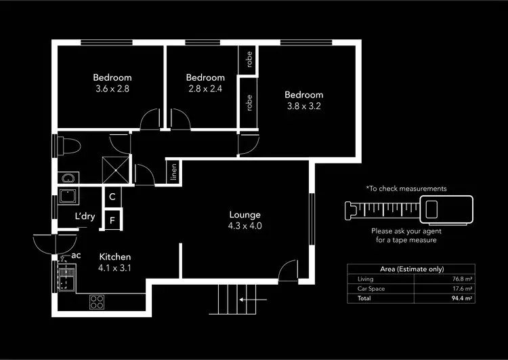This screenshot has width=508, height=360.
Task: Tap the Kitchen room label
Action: pyautogui.click(x=114, y=257)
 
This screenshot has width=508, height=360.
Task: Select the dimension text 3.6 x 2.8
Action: pyautogui.click(x=112, y=88)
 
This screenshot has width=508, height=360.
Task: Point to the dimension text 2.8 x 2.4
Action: pyautogui.click(x=205, y=88)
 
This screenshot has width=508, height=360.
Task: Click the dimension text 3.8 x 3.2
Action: pyautogui.click(x=303, y=106)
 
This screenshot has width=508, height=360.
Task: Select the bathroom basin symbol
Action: pyautogui.click(x=67, y=179)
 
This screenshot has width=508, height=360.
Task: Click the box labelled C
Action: pyautogui.click(x=112, y=197)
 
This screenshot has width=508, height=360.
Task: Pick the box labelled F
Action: pyautogui.click(x=112, y=219)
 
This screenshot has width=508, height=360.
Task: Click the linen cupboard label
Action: pyautogui.click(x=173, y=174)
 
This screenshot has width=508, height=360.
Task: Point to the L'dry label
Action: pyautogui.click(x=85, y=217)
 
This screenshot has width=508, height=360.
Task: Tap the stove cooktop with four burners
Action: pyautogui.click(x=97, y=302)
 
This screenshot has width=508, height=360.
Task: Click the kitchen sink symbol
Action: pyautogui.click(x=66, y=279)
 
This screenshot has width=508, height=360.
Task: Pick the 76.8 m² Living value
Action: pyautogui.click(x=463, y=279)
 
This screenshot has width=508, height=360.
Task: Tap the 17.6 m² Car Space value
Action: pyautogui.click(x=463, y=288)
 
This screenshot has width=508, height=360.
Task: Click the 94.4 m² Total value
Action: pyautogui.click(x=463, y=298)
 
